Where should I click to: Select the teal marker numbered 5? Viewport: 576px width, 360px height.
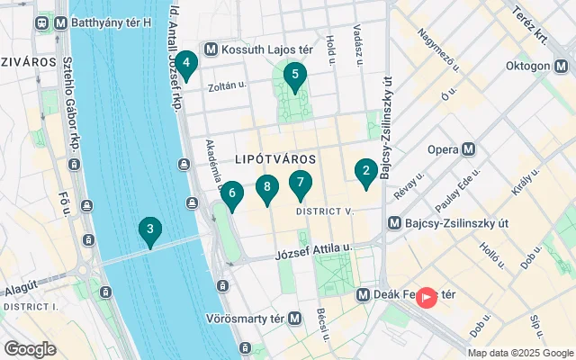tap(293, 77)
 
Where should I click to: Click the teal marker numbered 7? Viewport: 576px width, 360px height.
tap(301, 184)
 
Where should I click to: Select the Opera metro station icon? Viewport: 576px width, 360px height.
tap(468, 149)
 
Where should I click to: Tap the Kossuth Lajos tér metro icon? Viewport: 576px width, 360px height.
tap(211, 49)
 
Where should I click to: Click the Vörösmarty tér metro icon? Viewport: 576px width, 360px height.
tap(294, 319)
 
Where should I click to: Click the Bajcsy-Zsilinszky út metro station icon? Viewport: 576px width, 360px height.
tap(393, 222)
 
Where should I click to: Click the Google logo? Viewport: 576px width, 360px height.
tap(31, 348)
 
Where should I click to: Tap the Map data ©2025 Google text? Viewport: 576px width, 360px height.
tap(520, 353)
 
